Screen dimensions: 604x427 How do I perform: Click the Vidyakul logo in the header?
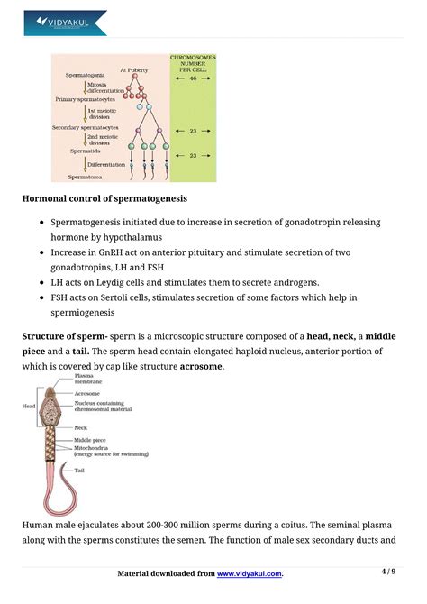pyautogui.click(x=66, y=22)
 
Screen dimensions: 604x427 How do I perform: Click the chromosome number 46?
pyautogui.click(x=192, y=79)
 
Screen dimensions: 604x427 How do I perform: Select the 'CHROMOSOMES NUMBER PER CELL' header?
pyautogui.click(x=192, y=63)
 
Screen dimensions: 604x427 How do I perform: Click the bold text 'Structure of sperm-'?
pyautogui.click(x=65, y=336)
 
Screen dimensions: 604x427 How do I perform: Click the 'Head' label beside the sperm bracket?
pyautogui.click(x=29, y=406)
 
